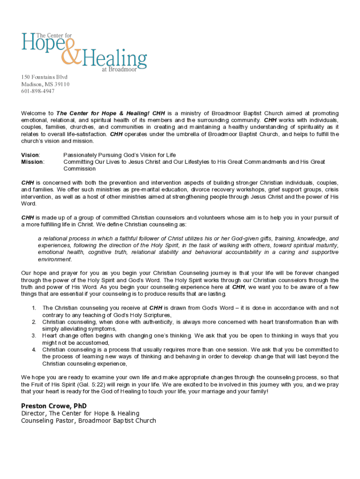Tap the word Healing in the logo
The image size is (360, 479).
click(115, 59)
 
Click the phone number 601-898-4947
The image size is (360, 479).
click(38, 91)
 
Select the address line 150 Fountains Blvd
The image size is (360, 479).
click(44, 77)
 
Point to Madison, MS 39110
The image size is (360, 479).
click(45, 84)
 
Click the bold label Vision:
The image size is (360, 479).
click(31, 155)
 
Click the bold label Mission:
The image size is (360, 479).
click(33, 162)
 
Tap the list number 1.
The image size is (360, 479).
click(34, 308)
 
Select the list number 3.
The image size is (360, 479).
click(34, 335)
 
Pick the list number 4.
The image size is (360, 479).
click(34, 349)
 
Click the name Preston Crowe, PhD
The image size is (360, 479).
click(54, 406)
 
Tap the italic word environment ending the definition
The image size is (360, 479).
click(55, 259)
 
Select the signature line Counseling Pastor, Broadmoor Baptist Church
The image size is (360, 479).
click(88, 421)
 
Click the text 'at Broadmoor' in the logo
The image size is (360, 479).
click(119, 70)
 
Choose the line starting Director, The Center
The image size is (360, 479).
click(80, 413)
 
